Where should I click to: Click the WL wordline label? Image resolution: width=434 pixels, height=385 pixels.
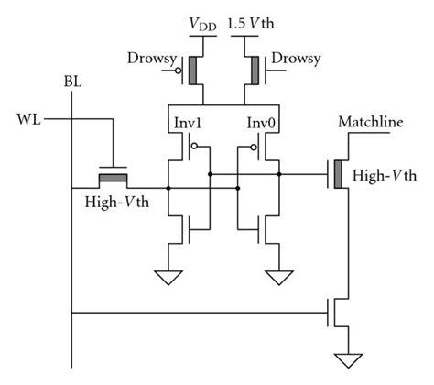[x=28, y=118]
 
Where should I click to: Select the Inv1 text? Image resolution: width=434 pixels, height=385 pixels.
[x=186, y=123]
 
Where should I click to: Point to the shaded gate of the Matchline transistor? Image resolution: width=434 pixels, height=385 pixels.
[x=340, y=171]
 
